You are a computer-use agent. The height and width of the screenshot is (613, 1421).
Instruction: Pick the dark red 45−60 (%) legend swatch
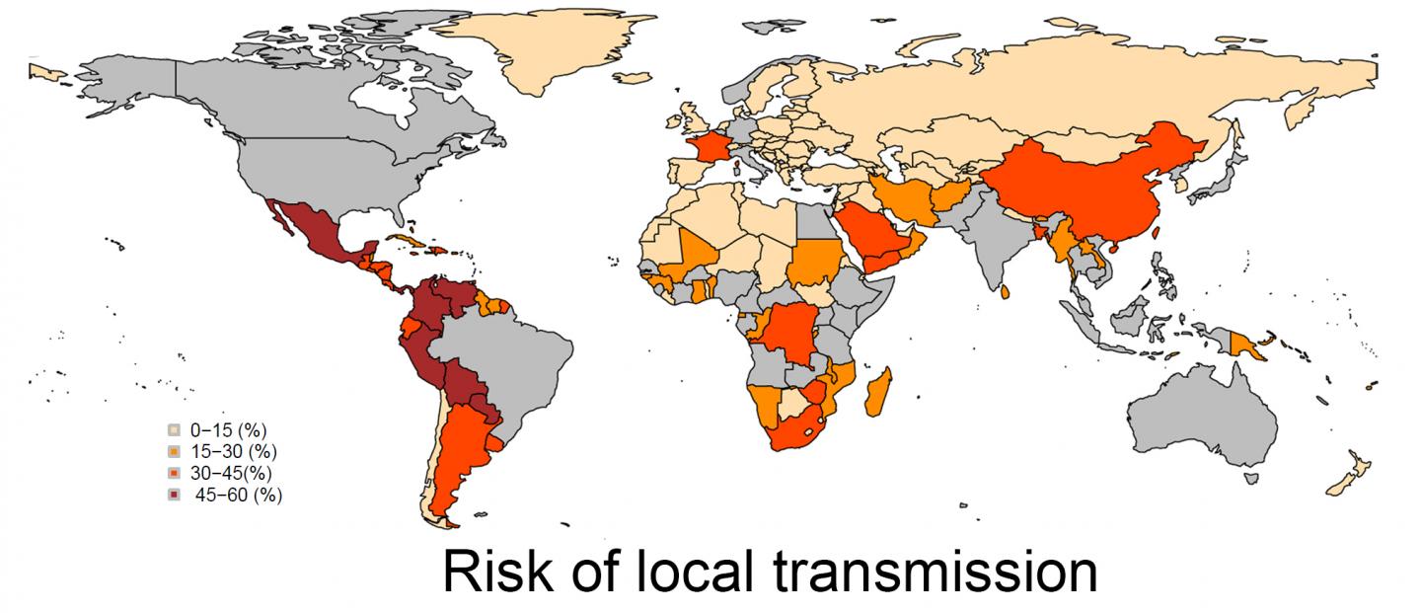click(174, 496)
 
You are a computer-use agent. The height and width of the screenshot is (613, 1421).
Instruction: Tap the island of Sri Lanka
click(1005, 292)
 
